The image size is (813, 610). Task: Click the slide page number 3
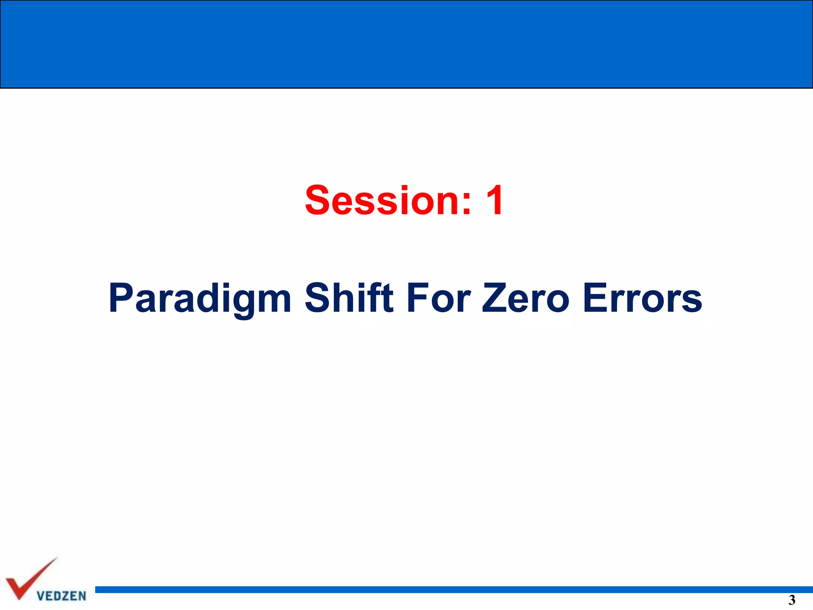[x=792, y=600]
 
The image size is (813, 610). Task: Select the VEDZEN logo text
[x=62, y=596]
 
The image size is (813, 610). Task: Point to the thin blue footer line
[x=453, y=589]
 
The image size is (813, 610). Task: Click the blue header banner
[x=406, y=44]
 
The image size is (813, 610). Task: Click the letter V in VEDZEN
[x=40, y=596]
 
